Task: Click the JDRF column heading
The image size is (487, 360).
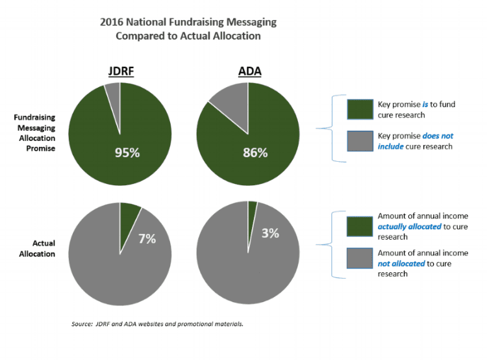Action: coord(121,71)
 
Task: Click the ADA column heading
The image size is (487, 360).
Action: coord(250,71)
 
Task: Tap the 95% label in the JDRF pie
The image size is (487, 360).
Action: coord(127,153)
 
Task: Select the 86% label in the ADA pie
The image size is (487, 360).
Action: coord(255,153)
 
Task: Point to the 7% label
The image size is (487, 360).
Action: coord(147,238)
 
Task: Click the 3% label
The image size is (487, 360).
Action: coord(270,233)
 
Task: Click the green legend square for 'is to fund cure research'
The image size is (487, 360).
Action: coord(360,109)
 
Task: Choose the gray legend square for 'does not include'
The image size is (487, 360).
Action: coord(360,141)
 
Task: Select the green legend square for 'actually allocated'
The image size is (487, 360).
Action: coord(360,227)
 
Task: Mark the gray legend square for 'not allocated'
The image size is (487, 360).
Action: coord(360,258)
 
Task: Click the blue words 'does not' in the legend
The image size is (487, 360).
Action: coord(438,136)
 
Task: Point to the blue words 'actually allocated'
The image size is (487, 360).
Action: coord(409,227)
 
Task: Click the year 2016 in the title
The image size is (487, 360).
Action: coord(112,22)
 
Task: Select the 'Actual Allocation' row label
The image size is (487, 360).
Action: coord(37,248)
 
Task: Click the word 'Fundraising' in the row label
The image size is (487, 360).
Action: coord(34,118)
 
